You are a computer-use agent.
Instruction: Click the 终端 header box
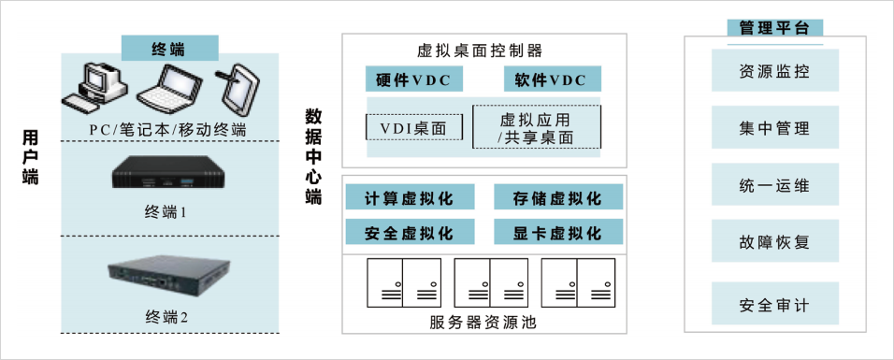pos(170,48)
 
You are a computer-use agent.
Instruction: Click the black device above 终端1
pos(170,173)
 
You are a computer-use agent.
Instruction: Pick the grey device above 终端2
pos(169,275)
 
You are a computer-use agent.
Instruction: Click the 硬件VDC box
pos(414,79)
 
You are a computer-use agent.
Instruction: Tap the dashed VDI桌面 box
pos(414,127)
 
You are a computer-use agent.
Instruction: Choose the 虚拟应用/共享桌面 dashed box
pos(537,126)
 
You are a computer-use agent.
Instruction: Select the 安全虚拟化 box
pos(410,232)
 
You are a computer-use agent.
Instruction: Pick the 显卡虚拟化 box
pos(558,232)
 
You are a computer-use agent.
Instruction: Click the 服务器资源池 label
pos(484,323)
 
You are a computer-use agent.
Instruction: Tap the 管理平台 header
pos(775,29)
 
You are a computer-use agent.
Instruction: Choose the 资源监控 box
pos(775,71)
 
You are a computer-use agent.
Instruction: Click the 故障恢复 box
pos(775,241)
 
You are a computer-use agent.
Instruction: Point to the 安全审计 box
pos(775,304)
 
